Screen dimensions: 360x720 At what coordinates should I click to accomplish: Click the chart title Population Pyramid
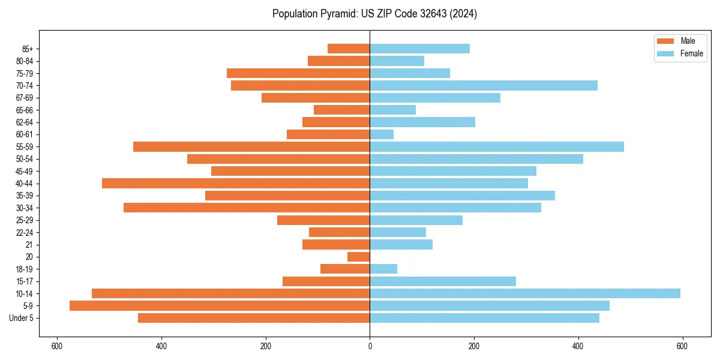[x=374, y=14]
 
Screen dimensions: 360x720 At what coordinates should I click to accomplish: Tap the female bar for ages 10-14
[x=525, y=293]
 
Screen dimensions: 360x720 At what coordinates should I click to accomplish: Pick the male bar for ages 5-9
[x=220, y=305]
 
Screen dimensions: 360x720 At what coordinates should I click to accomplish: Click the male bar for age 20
[x=359, y=257]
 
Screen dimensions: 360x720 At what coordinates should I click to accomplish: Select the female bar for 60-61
[x=382, y=134]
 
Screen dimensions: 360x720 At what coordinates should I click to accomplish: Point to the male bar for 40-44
[x=236, y=183]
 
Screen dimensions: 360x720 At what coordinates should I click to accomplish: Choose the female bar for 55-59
[x=497, y=146]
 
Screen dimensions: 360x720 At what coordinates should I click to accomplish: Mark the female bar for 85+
[x=419, y=49]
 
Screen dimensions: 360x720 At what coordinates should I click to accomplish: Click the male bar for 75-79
[x=298, y=73]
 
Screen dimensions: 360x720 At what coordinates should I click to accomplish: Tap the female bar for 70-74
[x=484, y=85]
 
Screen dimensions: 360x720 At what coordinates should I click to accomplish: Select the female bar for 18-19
[x=383, y=269]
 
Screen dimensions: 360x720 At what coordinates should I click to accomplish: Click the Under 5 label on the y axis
[x=22, y=318]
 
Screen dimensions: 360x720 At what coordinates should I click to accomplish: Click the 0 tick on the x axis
[x=370, y=346]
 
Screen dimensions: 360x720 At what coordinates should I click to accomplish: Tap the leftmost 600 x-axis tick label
[x=57, y=346]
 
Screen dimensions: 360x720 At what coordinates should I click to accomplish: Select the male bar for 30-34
[x=247, y=208]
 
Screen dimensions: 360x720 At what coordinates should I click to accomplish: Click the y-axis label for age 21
[x=29, y=245]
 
